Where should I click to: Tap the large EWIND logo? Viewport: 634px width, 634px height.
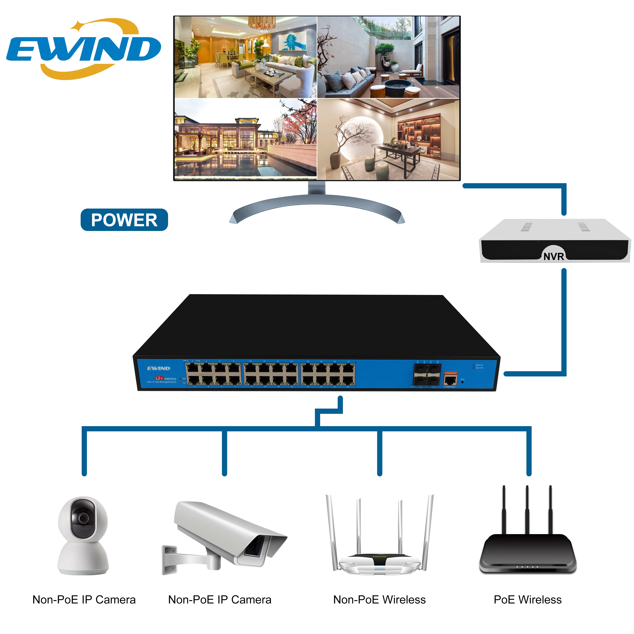(84, 49)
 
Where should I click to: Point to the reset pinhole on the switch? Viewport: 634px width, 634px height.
(462, 382)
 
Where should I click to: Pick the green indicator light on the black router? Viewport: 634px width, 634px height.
(527, 567)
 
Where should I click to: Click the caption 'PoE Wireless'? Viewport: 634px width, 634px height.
(527, 600)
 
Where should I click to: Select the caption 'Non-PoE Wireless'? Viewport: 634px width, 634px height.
(379, 600)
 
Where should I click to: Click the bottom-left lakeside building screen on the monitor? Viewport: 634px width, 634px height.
(245, 139)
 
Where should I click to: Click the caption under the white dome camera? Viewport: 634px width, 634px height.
(84, 600)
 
